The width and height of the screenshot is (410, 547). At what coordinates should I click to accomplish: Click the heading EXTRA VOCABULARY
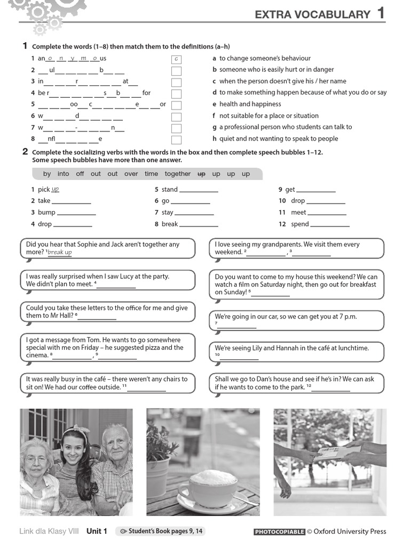[312, 14]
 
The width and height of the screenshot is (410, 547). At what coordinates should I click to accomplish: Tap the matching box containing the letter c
[176, 59]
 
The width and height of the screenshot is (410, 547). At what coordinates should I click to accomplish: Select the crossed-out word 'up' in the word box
[201, 174]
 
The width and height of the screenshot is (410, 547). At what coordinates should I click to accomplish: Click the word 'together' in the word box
[177, 174]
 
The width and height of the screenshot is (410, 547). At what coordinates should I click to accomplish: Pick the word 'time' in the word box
[151, 174]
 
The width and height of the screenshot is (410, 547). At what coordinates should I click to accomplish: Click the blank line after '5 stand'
[199, 190]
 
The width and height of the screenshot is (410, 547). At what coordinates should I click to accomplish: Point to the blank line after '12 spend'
[330, 225]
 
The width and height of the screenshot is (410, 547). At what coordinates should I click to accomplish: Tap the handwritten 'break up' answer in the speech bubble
[60, 252]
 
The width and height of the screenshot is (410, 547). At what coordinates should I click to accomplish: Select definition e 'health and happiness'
[250, 104]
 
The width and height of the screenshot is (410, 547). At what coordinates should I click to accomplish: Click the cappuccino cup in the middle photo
[214, 485]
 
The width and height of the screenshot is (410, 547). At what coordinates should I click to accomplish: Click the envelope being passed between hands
[332, 454]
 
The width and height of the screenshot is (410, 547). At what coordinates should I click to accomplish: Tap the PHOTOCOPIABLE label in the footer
[279, 532]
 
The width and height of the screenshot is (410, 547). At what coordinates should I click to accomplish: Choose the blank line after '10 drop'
[326, 201]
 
